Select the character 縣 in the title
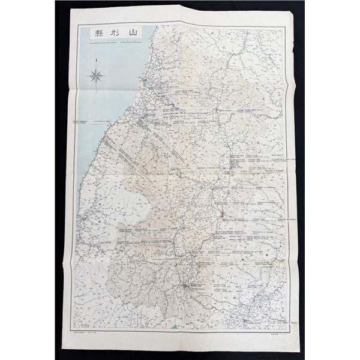click(x=97, y=34)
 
